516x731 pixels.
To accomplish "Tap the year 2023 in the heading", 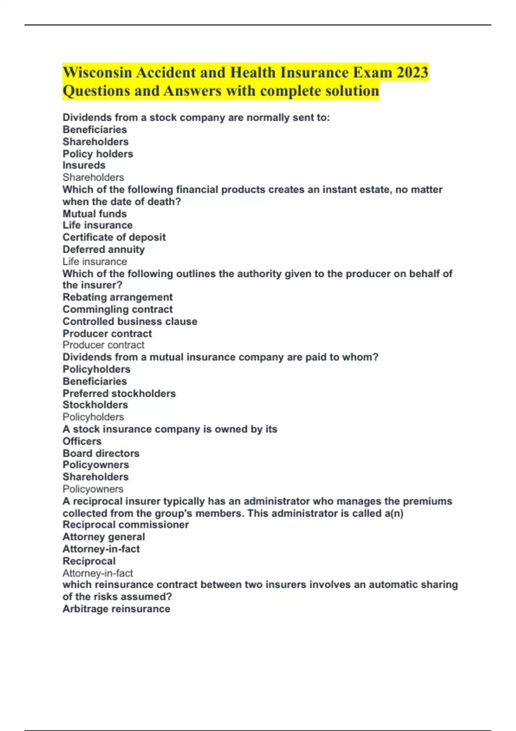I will pyautogui.click(x=412, y=72).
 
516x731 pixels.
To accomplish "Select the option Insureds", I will pyautogui.click(x=84, y=166).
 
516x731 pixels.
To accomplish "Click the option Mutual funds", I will pyautogui.click(x=95, y=214).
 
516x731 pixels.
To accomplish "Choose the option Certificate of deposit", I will pyautogui.click(x=114, y=237).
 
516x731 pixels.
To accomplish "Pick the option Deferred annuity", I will pyautogui.click(x=104, y=249).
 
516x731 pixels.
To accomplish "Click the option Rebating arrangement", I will pyautogui.click(x=117, y=297).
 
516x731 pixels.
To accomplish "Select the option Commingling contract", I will pyautogui.click(x=117, y=309).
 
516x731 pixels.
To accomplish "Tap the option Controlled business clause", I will pyautogui.click(x=130, y=321).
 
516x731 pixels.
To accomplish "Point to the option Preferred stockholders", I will pyautogui.click(x=119, y=393).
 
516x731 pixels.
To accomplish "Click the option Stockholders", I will pyautogui.click(x=95, y=405).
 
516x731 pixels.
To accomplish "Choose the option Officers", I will pyautogui.click(x=82, y=441).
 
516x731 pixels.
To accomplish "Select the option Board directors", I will pyautogui.click(x=101, y=453).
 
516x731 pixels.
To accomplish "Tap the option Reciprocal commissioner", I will pyautogui.click(x=126, y=525).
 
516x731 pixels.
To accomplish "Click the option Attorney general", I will pyautogui.click(x=104, y=537).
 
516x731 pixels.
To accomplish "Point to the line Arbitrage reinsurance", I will pyautogui.click(x=116, y=609).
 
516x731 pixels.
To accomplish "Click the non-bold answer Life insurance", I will pyautogui.click(x=95, y=261).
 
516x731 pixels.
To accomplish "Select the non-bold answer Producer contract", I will pyautogui.click(x=103, y=345).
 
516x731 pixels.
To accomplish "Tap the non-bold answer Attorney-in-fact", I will pyautogui.click(x=98, y=573).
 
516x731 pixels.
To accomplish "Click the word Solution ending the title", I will pyautogui.click(x=351, y=91).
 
